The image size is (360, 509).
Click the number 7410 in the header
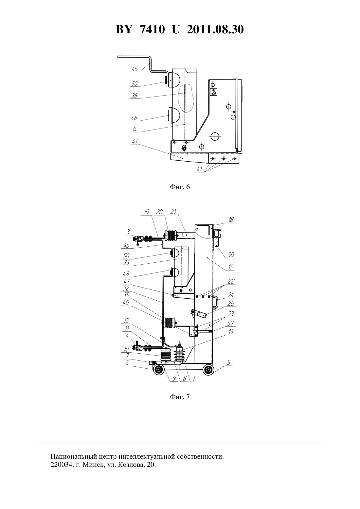152,29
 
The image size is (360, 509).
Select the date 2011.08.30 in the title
215,29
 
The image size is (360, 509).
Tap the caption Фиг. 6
180,187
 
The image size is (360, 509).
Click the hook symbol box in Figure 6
214,92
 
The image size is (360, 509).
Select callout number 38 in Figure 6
135,96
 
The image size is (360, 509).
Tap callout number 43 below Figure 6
199,169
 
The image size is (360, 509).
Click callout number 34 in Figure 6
134,129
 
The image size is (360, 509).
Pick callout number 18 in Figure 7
231,219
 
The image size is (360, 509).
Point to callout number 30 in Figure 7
231,255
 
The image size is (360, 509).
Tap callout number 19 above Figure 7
147,212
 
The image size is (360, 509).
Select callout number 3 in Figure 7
128,232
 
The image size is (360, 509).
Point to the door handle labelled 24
216,302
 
